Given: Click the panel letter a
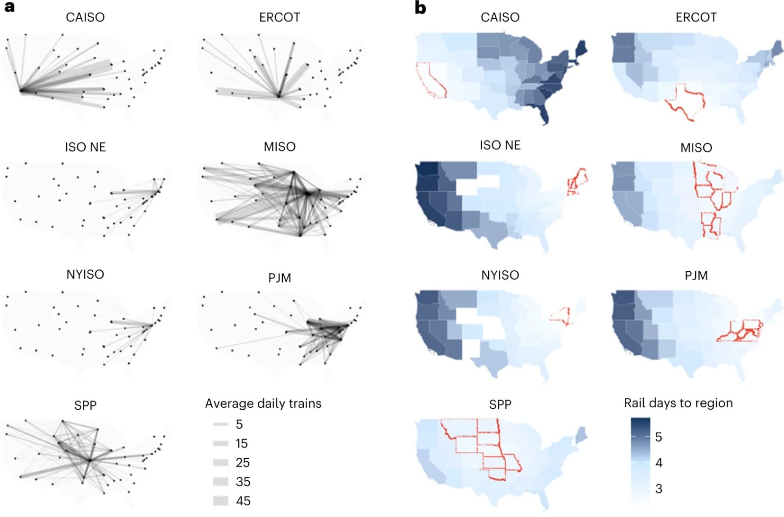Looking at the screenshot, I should [x=9, y=7].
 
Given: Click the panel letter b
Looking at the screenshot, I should [x=420, y=8].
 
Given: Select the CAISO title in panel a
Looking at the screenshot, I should [x=85, y=18].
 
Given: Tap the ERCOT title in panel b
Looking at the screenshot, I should [x=696, y=18].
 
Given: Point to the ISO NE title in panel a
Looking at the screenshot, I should [x=85, y=147].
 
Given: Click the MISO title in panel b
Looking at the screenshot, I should [x=696, y=147].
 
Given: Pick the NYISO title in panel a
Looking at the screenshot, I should [x=85, y=274].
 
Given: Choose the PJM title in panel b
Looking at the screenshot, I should [x=696, y=276].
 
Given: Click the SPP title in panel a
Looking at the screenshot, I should [x=85, y=405].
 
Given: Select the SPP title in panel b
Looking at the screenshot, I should [x=500, y=404].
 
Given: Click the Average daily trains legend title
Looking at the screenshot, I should [x=263, y=403].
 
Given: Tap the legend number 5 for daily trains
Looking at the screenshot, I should [x=239, y=424].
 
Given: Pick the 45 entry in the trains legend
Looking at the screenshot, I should [x=243, y=501].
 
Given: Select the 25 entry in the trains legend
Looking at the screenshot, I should [x=243, y=463].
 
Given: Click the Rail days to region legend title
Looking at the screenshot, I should [x=678, y=403].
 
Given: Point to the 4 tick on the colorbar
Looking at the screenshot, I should [x=659, y=463].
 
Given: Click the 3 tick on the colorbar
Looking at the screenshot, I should [x=659, y=489].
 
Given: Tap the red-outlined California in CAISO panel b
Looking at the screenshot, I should [x=430, y=81].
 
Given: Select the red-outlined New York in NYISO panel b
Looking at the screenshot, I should [x=561, y=314].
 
